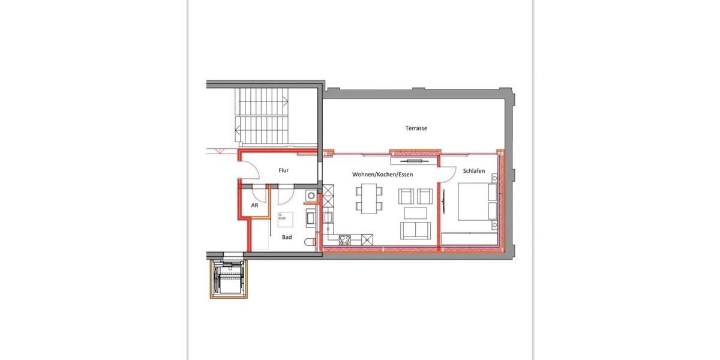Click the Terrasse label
coord(415,128)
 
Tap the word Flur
coord(284,171)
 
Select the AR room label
coord(254,205)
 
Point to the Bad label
coord(287,238)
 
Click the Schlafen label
coord(473,171)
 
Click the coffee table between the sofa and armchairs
coord(416,212)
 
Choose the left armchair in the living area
coord(406,196)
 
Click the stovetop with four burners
coord(346,241)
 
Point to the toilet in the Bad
coord(310,242)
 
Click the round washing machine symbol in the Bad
coord(310,196)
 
